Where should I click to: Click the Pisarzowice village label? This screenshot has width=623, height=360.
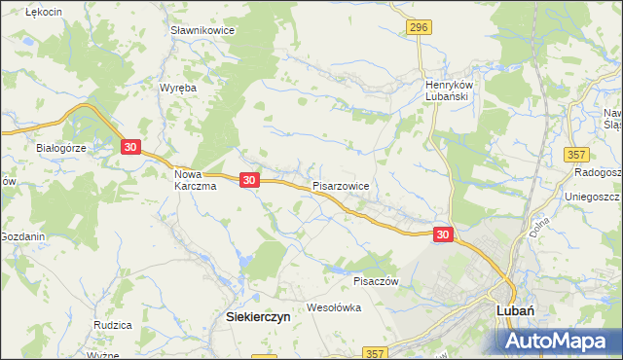(341, 184)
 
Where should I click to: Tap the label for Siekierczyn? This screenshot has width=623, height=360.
(253, 316)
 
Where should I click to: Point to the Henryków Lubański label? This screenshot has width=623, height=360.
(448, 90)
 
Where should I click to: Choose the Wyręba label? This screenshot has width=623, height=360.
(178, 87)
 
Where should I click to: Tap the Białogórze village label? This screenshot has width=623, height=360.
(62, 148)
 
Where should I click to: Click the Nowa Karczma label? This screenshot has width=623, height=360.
(194, 181)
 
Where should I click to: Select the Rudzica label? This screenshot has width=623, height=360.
(113, 324)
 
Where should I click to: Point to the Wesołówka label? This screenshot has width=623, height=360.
(334, 307)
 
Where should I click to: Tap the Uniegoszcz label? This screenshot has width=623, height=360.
(593, 197)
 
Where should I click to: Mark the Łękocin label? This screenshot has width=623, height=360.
(45, 11)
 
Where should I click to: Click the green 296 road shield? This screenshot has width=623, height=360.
(419, 27)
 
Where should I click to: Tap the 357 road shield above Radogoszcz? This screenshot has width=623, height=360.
(577, 155)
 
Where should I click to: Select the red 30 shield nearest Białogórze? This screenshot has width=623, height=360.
(131, 147)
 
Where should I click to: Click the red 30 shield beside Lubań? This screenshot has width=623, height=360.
(443, 234)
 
